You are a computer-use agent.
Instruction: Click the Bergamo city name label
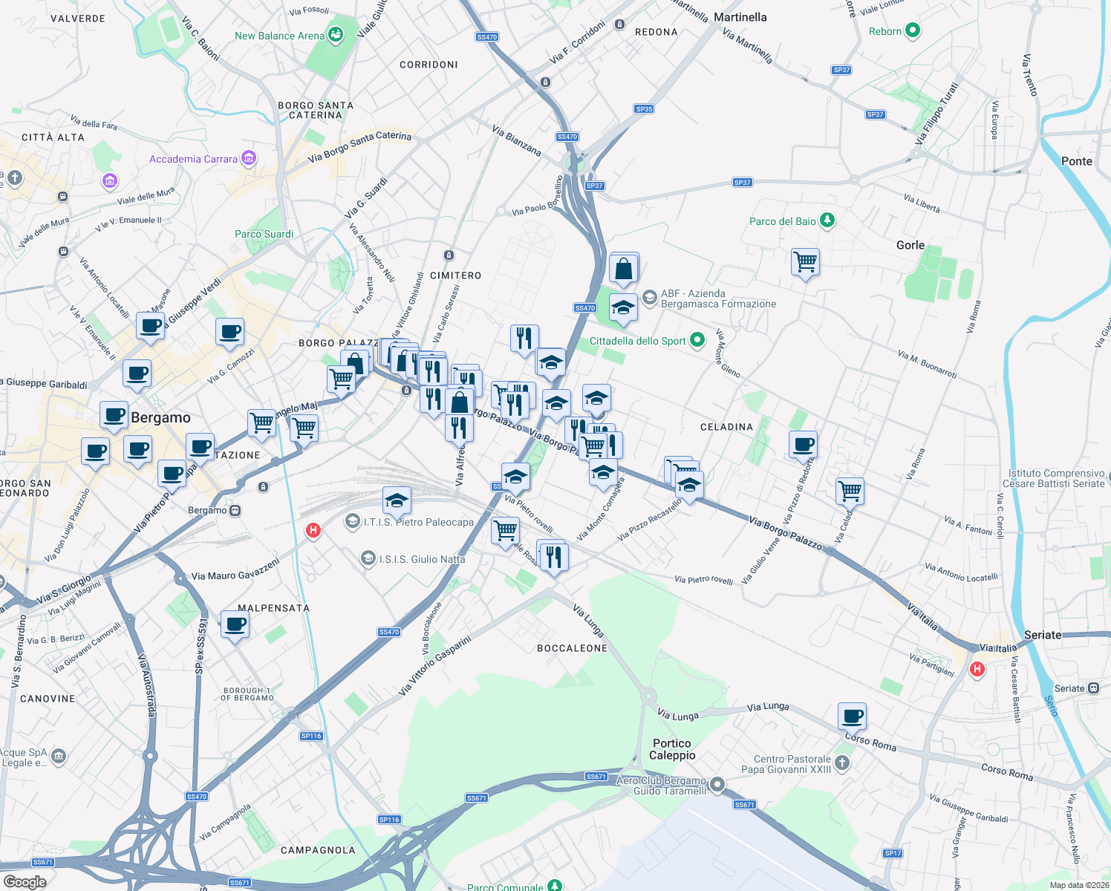tap(160, 417)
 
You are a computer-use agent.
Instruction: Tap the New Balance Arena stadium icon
tap(336, 35)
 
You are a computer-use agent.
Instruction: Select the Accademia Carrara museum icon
tap(249, 158)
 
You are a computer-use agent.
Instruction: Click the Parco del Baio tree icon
tap(827, 221)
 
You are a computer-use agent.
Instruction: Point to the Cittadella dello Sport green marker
tap(697, 340)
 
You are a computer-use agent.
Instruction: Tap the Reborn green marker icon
tap(913, 30)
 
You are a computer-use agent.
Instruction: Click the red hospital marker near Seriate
tap(977, 669)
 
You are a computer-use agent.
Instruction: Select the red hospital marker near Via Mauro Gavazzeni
tap(313, 530)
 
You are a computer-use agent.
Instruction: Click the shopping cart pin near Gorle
tap(805, 261)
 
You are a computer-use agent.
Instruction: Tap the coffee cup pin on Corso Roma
tap(853, 716)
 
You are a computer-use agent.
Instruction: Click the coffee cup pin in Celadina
tap(803, 444)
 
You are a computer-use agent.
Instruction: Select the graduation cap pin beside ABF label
tap(623, 307)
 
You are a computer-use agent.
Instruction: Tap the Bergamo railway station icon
tap(235, 510)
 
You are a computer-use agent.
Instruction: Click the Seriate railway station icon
tap(1093, 688)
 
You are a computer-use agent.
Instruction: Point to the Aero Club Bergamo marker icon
tap(717, 784)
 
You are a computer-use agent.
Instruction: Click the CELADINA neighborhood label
tap(726, 427)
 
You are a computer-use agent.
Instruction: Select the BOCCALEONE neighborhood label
tap(572, 648)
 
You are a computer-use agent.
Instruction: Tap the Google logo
tap(25, 882)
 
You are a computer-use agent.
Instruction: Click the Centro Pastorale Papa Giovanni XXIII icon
tap(841, 763)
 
